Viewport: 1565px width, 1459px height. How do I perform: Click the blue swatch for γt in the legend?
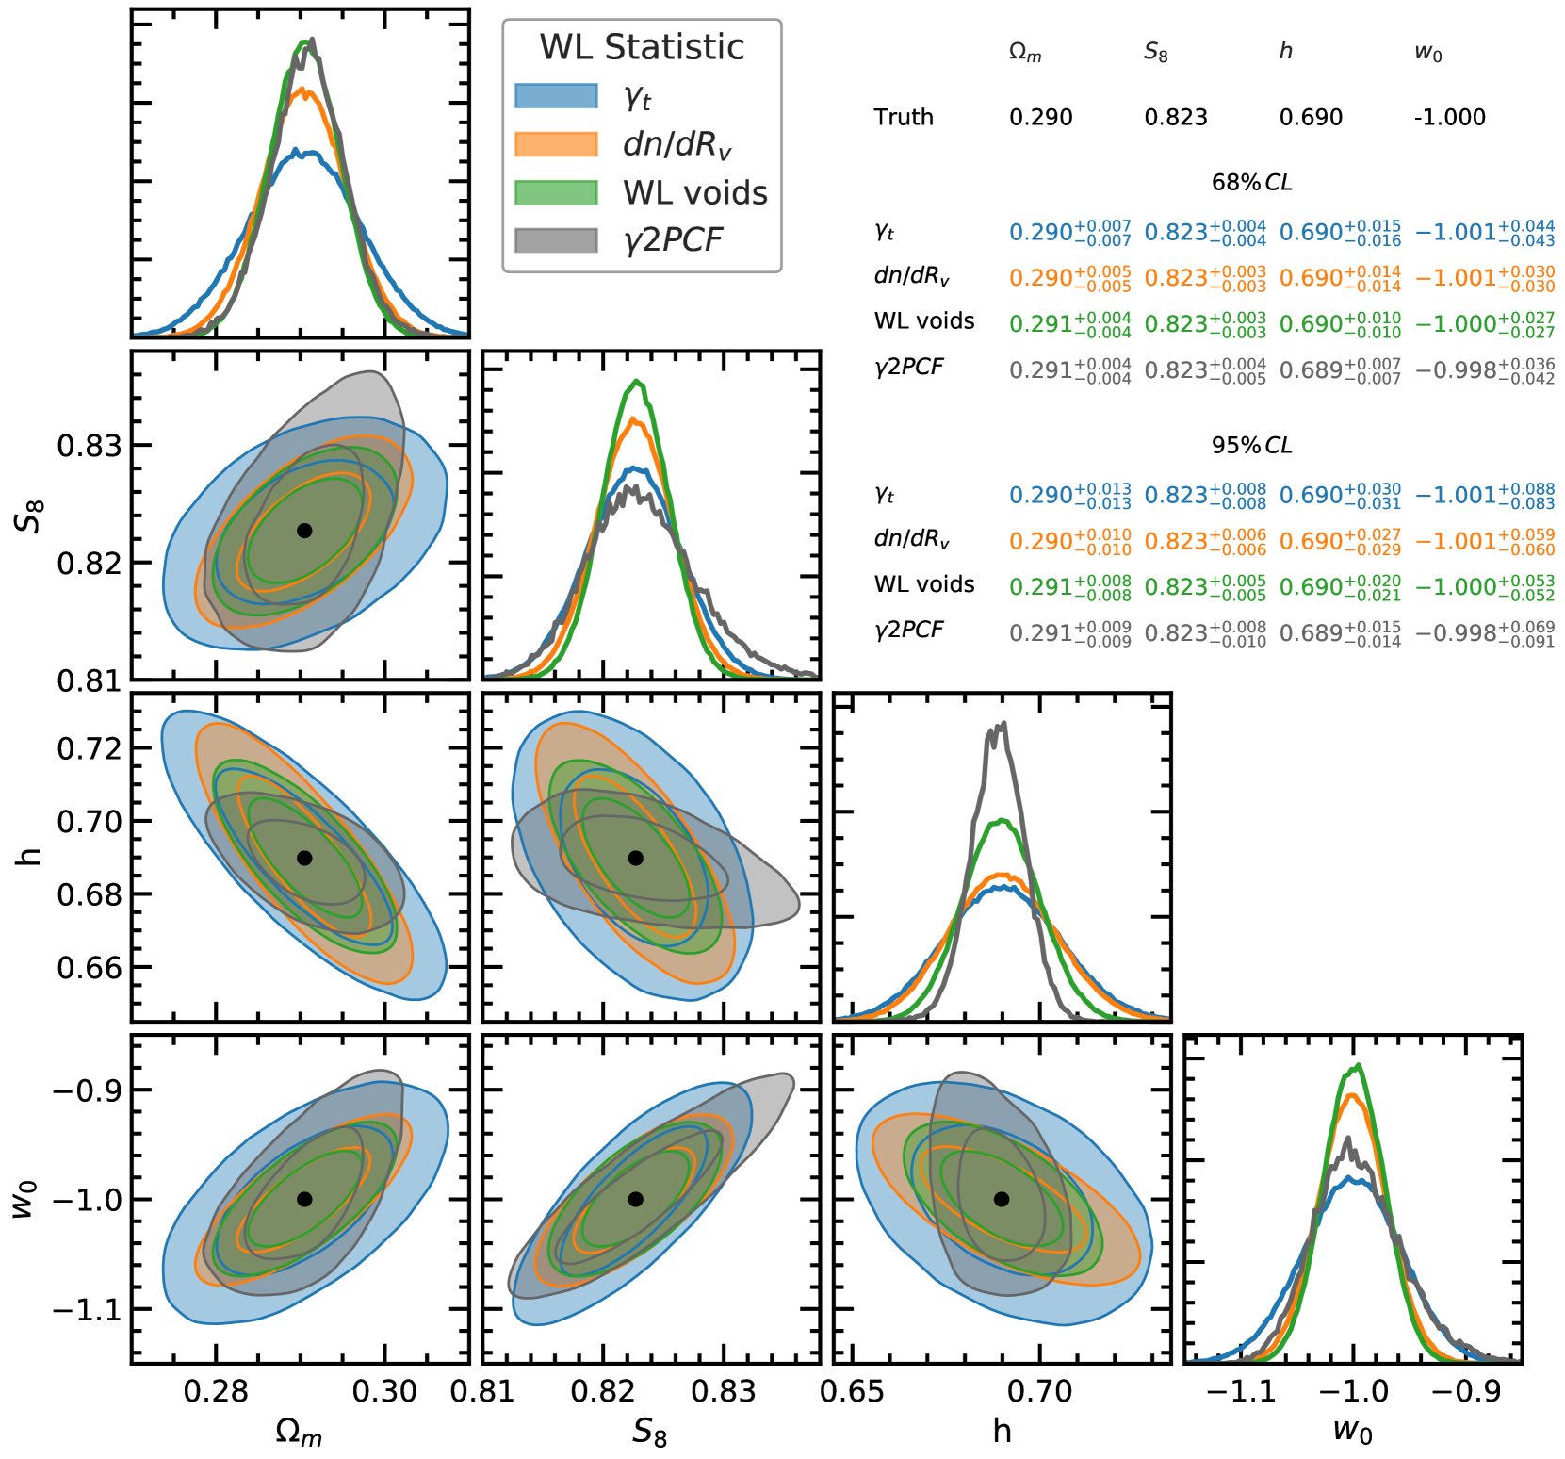coord(556,96)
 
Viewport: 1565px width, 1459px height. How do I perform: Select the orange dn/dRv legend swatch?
coord(556,144)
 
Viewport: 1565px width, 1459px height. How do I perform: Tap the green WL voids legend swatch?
coord(556,192)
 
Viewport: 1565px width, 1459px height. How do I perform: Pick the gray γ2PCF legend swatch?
coord(556,240)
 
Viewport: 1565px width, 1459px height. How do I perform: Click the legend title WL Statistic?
coord(642,47)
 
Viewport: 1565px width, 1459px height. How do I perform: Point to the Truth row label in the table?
coord(903,118)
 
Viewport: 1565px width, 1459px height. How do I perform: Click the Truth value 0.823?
coord(1175,118)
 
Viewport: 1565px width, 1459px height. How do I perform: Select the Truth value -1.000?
coord(1449,118)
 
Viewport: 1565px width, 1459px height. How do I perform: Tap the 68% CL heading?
coord(1251,183)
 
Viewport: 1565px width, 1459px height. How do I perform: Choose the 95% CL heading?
coord(1251,446)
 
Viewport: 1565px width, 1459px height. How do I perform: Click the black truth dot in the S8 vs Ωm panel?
coord(304,531)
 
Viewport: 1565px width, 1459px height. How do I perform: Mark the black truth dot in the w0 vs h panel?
coord(1002,1199)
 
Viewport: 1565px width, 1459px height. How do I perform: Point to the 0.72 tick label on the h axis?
coord(90,748)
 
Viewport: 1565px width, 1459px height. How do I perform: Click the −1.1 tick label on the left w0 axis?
coord(87,1309)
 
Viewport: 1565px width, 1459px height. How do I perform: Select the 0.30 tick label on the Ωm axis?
coord(384,1391)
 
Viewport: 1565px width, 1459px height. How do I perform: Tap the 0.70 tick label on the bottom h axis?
coord(1039,1391)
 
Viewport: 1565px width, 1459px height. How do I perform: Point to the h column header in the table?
coord(1285,52)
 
